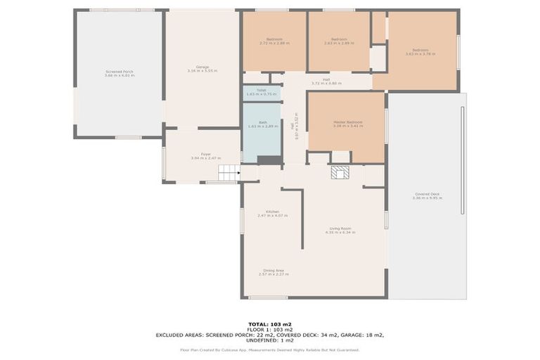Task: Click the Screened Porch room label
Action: click(x=119, y=72)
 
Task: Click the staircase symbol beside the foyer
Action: click(x=229, y=172)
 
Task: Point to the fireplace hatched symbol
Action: click(x=340, y=172)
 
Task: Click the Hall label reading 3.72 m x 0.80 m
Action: click(x=326, y=84)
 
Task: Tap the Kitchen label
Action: click(x=272, y=213)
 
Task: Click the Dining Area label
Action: click(x=273, y=272)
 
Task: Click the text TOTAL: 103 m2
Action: click(x=270, y=323)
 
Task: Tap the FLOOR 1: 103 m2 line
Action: click(x=270, y=329)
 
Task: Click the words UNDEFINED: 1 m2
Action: click(x=270, y=341)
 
